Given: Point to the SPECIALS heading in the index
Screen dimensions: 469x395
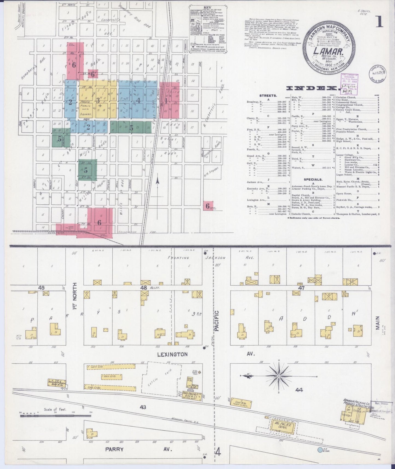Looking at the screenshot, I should pos(313,180).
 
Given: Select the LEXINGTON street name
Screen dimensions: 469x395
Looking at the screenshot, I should pos(172,354).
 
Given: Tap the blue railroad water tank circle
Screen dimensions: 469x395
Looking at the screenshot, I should pos(320,449).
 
